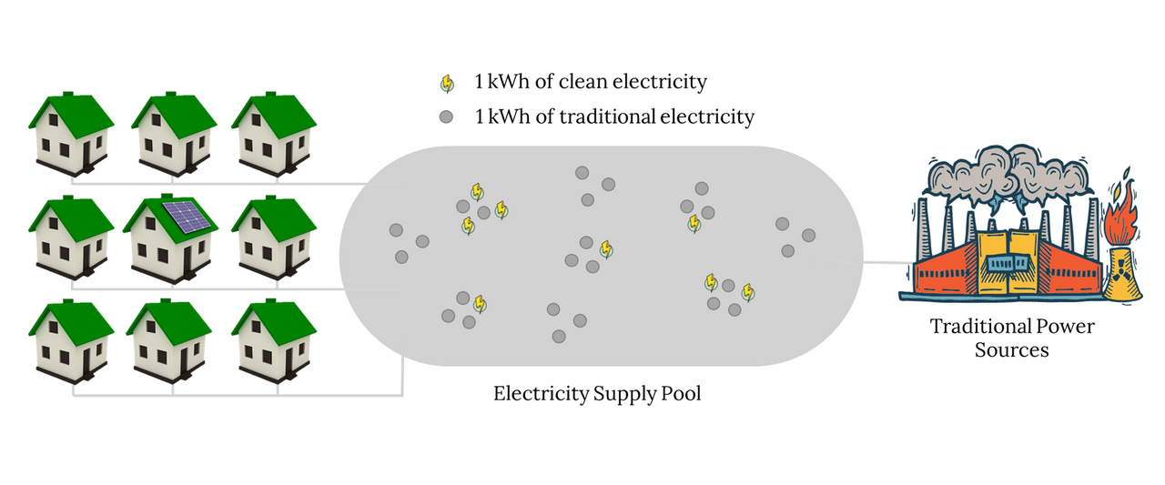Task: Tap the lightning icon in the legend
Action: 447,84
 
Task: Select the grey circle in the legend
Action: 447,117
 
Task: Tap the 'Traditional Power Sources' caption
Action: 1011,338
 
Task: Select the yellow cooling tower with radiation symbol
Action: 1120,273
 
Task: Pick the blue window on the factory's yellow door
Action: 1009,263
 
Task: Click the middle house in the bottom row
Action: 170,338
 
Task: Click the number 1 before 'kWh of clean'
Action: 479,82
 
